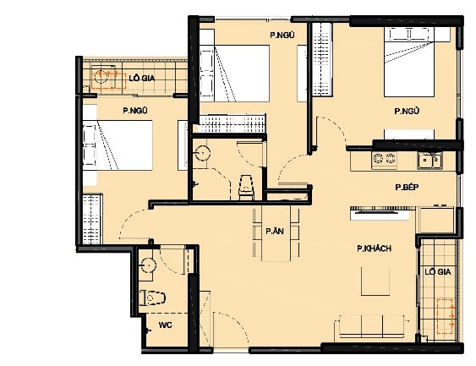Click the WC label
coord(165,325)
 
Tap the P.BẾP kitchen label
coord(407,187)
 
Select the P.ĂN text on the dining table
coord(275,232)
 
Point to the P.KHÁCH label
coord(374,249)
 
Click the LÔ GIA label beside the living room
coord(437,271)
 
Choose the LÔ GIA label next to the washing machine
coord(142,79)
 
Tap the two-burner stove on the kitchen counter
coord(384,159)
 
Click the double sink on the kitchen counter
coord(429,160)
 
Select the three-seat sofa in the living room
coord(372,326)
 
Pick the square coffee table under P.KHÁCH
coord(375,281)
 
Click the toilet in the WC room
coord(152,298)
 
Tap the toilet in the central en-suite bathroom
coord(246,188)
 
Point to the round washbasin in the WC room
coord(149,265)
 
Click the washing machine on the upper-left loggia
coord(103,76)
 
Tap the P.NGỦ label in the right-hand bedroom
coord(407,111)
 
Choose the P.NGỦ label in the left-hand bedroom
coord(135,111)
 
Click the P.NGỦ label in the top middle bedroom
coord(282,36)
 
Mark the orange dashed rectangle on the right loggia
coord(445,316)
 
